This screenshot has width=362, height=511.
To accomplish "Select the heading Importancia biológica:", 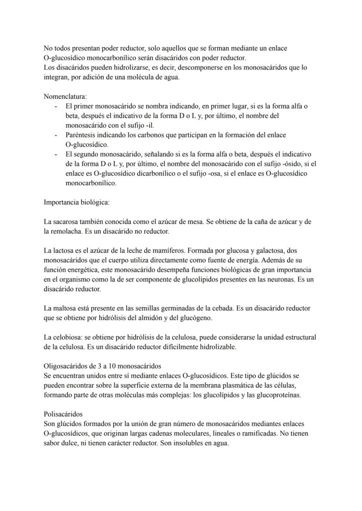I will click(x=74, y=202).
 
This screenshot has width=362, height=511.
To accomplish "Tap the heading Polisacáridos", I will click(x=63, y=414).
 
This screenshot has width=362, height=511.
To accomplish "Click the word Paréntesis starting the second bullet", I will click(x=80, y=135).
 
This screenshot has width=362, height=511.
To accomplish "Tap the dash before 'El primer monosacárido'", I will click(x=56, y=106).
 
